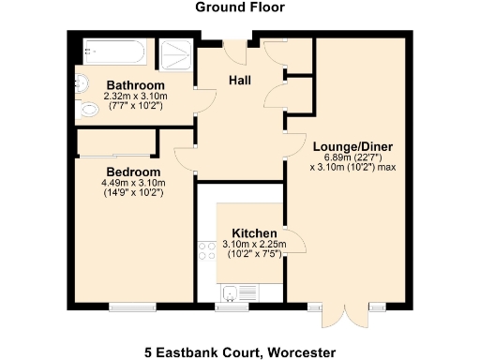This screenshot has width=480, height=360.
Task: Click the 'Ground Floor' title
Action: (x=240, y=7)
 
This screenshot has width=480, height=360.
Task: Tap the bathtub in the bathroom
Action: (x=116, y=52)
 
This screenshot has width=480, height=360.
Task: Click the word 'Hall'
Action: (x=241, y=81)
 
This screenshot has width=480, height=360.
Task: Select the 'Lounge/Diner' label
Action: (x=352, y=146)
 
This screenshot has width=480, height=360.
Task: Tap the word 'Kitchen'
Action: (x=254, y=233)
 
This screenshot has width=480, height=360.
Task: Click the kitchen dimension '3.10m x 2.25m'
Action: (x=255, y=245)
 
